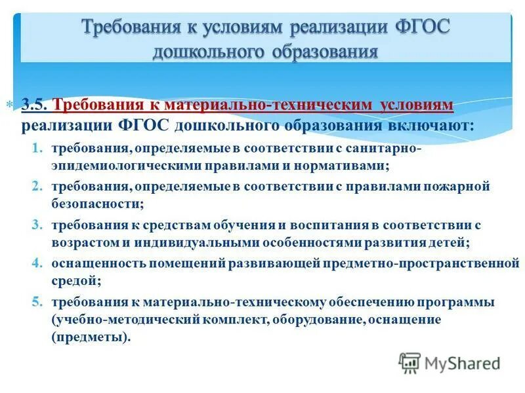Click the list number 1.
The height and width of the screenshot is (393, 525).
(x=39, y=149)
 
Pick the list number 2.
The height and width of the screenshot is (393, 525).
(x=39, y=187)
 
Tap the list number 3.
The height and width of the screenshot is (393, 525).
(x=39, y=225)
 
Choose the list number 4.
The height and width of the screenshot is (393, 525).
(x=39, y=263)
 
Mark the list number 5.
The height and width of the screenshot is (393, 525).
(x=39, y=302)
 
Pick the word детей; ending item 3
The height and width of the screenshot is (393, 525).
(x=451, y=242)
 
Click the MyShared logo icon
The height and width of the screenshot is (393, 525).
(x=409, y=362)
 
